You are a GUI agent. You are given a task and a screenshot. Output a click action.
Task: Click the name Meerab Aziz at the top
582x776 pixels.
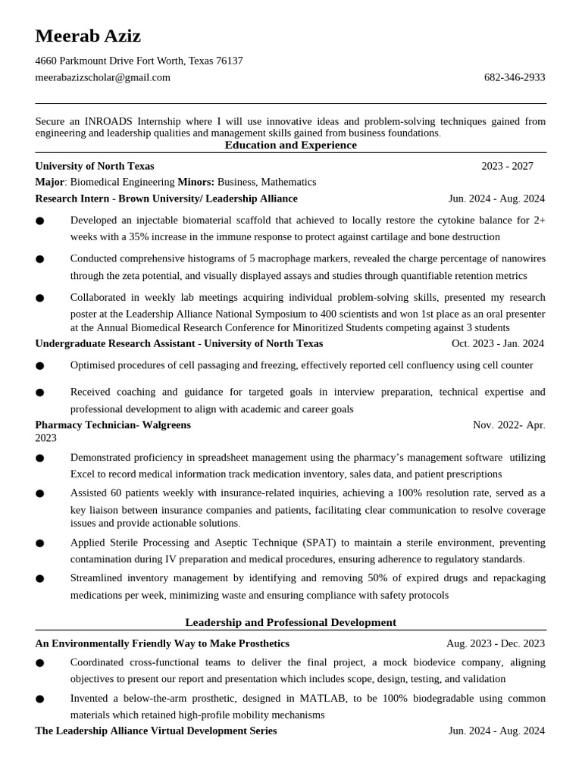coord(88,36)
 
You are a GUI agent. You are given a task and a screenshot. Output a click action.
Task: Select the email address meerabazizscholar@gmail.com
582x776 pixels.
coord(102,77)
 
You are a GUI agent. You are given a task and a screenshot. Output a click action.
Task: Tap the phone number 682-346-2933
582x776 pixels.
coord(514,77)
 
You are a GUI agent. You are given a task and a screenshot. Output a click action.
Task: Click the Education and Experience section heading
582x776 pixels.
coord(290,145)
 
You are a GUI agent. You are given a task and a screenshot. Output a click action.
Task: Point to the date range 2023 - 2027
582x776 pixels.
coord(507,166)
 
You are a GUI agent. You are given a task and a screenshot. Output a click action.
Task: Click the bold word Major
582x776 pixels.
coord(49,182)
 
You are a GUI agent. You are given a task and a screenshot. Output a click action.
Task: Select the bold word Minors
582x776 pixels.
coord(196,182)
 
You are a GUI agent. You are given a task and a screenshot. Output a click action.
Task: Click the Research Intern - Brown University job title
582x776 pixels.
coord(166,199)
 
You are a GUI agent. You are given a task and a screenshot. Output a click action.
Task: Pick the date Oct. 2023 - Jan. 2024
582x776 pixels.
coord(497,343)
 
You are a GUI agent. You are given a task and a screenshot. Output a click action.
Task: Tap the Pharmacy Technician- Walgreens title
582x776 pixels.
coord(113,425)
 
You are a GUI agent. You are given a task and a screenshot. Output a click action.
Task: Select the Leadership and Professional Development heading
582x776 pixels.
coord(290,622)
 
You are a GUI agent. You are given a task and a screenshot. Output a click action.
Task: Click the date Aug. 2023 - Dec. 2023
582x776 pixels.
coord(495,643)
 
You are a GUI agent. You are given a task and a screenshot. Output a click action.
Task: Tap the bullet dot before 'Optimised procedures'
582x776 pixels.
coord(39,366)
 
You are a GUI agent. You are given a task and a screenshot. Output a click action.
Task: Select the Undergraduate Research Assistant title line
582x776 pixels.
coord(179,343)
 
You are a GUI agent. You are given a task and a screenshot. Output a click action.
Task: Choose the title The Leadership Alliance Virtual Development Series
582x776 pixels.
coord(155,731)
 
